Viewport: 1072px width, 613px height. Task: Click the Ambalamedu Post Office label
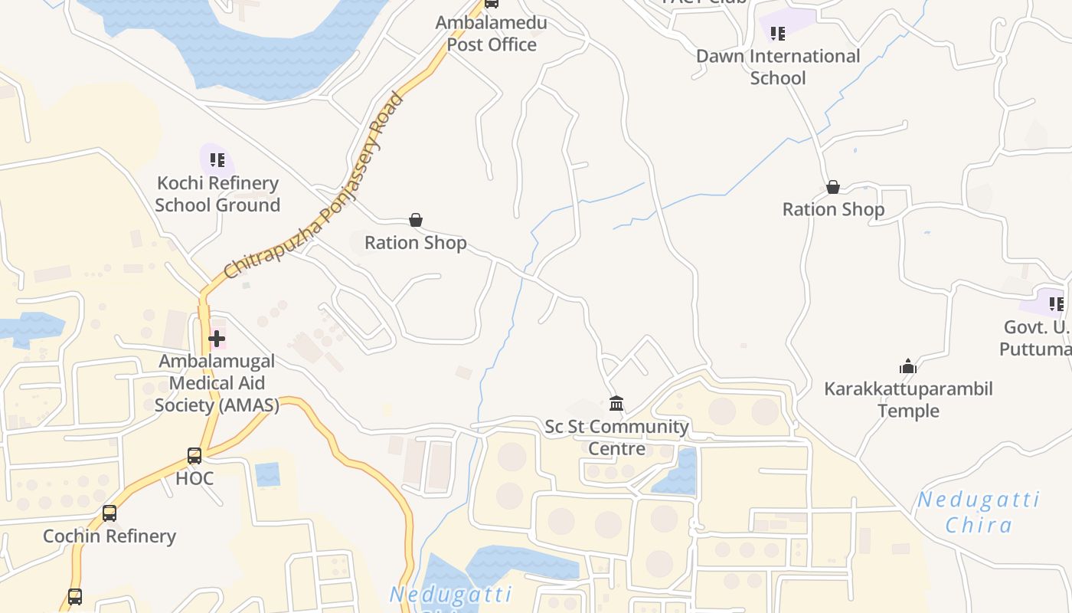492,34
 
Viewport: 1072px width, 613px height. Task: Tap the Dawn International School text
778,67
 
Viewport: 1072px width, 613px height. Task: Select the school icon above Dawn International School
778,33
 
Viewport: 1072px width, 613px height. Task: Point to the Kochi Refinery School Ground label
217,194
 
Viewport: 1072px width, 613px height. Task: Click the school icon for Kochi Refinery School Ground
217,160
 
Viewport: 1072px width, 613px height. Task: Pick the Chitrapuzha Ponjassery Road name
315,186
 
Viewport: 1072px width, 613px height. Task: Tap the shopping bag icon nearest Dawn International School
833,187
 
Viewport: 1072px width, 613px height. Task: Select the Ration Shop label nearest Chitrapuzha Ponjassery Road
415,243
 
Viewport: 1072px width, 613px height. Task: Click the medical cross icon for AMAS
217,338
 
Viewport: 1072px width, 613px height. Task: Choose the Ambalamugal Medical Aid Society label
217,382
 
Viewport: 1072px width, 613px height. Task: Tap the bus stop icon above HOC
194,456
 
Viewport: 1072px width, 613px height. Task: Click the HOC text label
194,479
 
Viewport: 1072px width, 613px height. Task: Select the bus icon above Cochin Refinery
109,513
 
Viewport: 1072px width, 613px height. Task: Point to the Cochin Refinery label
109,536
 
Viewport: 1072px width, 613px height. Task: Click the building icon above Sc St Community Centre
616,403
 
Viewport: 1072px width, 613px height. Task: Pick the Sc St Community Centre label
616,438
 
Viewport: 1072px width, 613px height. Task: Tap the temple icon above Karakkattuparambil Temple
908,366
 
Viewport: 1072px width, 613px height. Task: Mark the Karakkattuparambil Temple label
908,399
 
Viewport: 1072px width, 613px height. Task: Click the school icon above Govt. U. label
1057,304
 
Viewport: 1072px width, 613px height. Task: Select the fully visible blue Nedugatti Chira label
979,513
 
